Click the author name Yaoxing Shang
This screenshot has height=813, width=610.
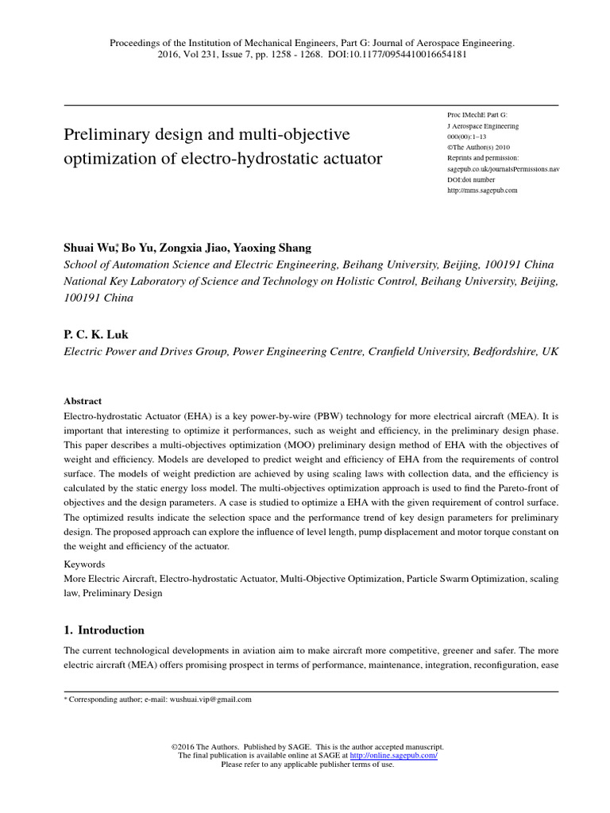tap(274, 248)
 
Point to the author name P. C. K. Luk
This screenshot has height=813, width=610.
tap(95, 334)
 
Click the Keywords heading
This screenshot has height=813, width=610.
tap(84, 564)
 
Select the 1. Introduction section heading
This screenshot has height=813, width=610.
tap(104, 630)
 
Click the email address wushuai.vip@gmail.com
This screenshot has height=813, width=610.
tap(209, 699)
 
